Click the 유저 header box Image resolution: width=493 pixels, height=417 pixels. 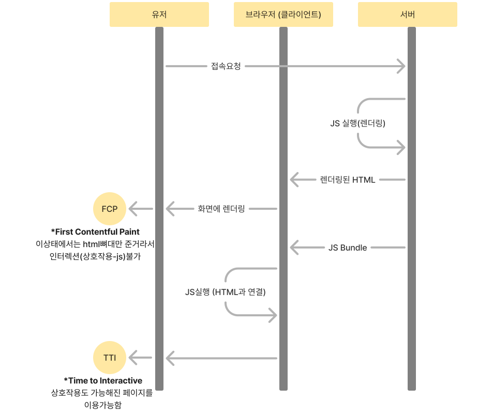tap(159, 14)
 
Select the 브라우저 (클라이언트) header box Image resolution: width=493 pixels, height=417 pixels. tap(283, 14)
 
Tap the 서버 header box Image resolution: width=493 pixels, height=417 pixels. tap(407, 14)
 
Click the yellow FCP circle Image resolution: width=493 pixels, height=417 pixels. tap(110, 209)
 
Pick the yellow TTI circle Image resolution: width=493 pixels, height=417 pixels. tap(110, 357)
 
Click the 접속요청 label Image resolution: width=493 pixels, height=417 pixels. tap(226, 66)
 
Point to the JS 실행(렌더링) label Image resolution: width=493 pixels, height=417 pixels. tap(358, 123)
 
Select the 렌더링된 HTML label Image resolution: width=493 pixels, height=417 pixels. tap(348, 180)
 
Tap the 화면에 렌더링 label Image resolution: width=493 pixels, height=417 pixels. tap(221, 209)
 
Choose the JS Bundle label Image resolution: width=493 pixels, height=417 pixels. tap(348, 248)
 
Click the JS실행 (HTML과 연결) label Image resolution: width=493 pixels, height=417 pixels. tap(225, 292)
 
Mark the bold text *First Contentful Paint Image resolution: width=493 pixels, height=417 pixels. tap(95, 231)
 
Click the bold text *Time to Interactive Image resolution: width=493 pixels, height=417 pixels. tap(103, 381)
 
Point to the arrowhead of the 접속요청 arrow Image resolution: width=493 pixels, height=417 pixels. tap(401, 66)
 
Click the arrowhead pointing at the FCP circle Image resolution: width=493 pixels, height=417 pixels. tap(132, 209)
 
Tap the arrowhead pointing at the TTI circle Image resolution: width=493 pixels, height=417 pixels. tap(132, 357)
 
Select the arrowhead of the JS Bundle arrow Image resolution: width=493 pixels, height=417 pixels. tap(294, 248)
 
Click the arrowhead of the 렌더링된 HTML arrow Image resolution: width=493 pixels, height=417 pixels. tap(294, 180)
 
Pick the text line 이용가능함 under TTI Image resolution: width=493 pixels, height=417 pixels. tap(102, 405)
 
